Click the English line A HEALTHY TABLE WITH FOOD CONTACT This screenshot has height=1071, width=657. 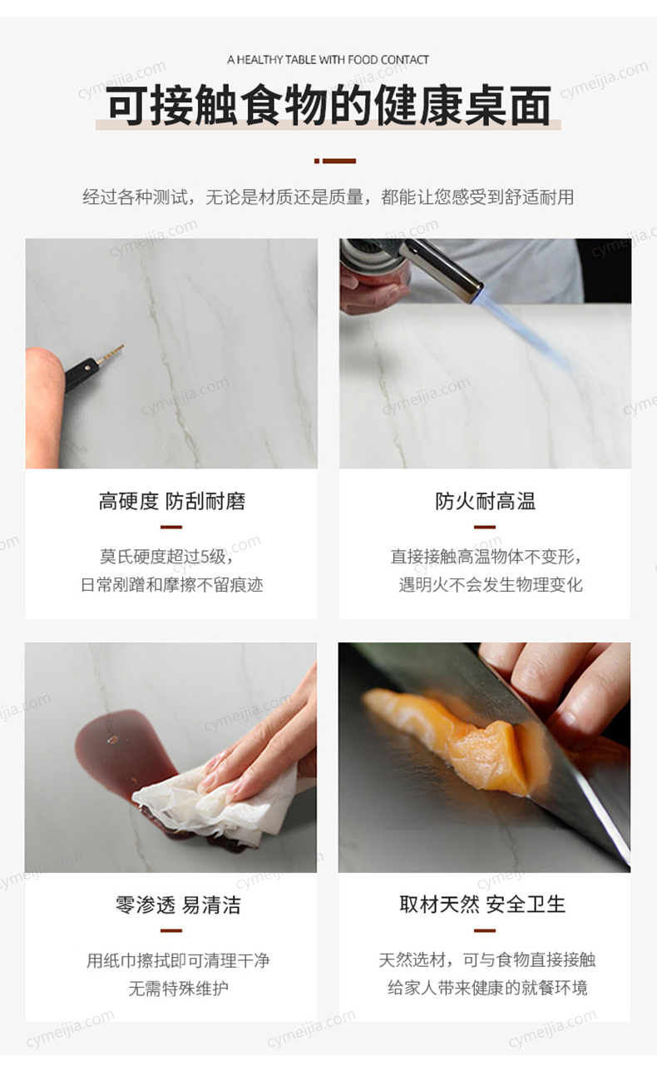click(328, 60)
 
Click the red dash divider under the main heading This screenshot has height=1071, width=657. click(335, 161)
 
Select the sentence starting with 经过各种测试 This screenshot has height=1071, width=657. click(328, 196)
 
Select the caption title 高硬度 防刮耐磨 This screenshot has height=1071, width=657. click(172, 502)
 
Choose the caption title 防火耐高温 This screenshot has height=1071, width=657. click(485, 502)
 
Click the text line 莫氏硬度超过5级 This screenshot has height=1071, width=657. click(167, 557)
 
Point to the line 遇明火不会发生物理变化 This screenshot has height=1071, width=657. click(491, 584)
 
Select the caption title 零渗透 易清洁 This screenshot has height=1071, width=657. click(178, 905)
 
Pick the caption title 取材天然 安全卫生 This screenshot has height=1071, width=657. click(482, 905)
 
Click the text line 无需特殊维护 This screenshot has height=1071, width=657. click(178, 988)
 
